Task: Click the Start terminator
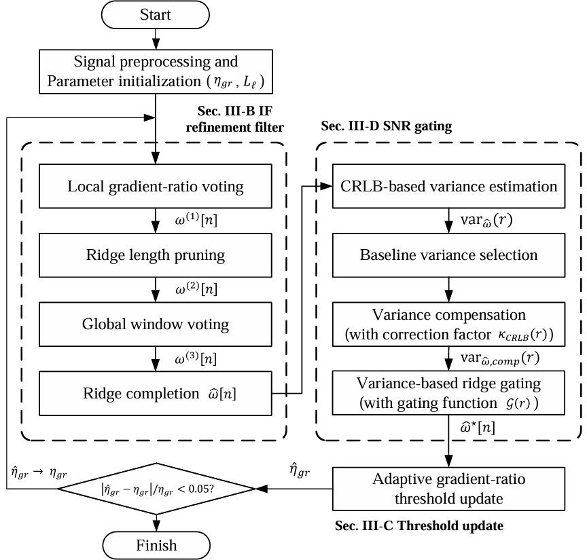156,15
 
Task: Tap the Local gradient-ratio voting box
156,186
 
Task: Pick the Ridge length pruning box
156,256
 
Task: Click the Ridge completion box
156,394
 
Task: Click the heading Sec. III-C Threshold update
419,525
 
